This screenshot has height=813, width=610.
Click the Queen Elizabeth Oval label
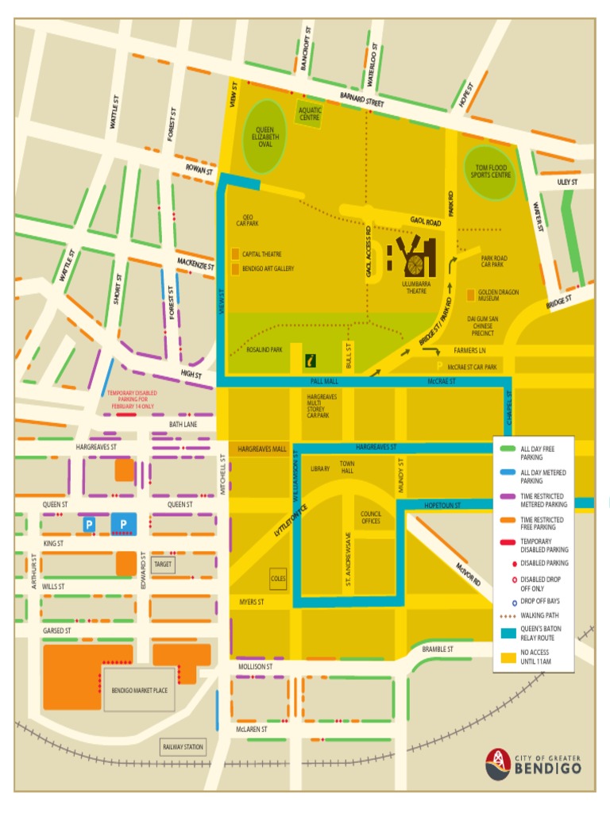click(264, 137)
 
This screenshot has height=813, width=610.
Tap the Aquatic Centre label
click(310, 114)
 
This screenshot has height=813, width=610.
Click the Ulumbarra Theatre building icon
click(412, 259)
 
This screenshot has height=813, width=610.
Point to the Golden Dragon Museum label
click(499, 295)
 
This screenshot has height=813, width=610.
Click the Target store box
click(163, 564)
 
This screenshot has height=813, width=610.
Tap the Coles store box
click(278, 579)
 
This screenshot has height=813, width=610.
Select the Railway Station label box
click(183, 747)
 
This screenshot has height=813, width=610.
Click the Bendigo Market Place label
click(139, 691)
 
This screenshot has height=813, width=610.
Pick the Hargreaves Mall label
click(261, 449)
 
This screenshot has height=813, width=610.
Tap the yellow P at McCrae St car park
click(439, 367)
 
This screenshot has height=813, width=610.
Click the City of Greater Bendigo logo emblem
click(498, 763)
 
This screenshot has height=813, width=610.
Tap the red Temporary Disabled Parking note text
click(132, 399)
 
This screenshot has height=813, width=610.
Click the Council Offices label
click(371, 517)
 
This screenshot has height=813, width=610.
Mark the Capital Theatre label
click(261, 254)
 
